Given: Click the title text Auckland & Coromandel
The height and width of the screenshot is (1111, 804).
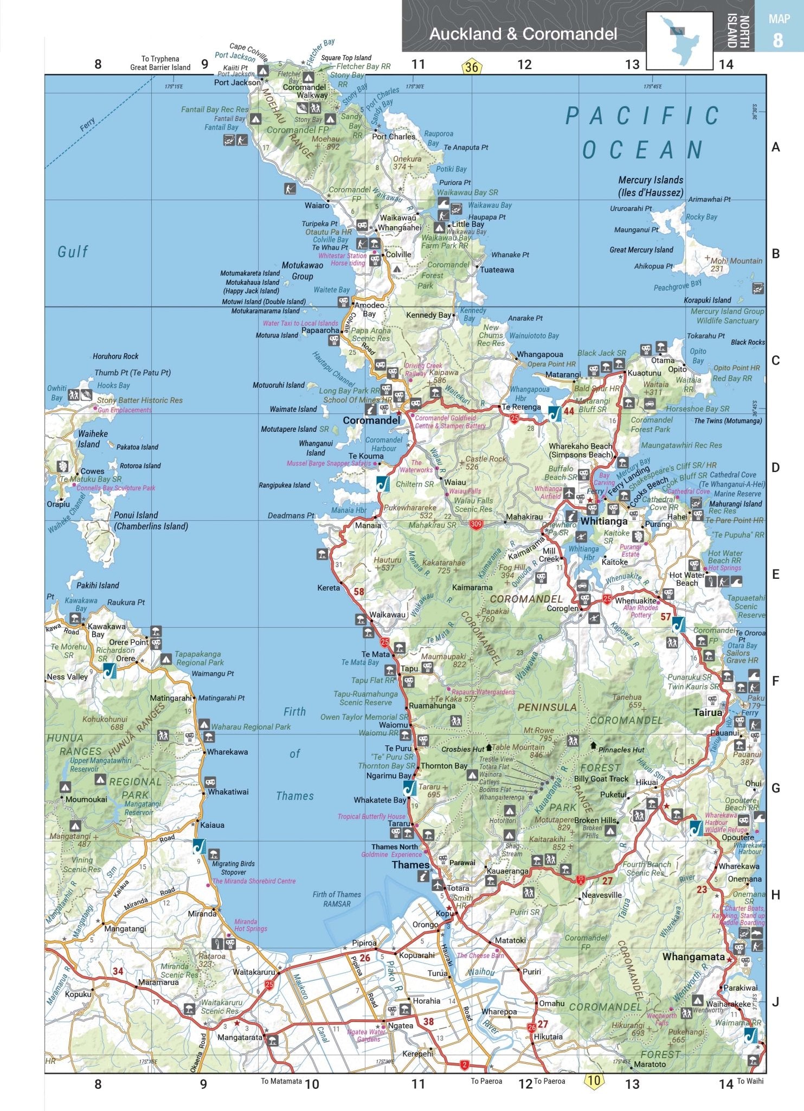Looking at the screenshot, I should tap(523, 34).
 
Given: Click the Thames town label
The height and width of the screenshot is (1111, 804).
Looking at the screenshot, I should tap(410, 865).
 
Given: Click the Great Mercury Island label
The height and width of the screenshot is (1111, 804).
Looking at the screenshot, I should tap(641, 250).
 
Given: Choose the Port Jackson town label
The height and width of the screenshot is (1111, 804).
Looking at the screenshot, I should tap(237, 82).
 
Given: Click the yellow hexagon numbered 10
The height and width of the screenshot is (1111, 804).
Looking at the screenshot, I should tap(594, 1080).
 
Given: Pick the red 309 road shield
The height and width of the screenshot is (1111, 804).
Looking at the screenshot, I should tap(476, 525).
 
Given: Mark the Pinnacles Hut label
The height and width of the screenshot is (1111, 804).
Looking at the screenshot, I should tap(621, 750).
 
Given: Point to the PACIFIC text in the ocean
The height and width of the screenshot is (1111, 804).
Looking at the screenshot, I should tap(642, 116).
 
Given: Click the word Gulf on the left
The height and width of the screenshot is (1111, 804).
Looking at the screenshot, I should tap(73, 252).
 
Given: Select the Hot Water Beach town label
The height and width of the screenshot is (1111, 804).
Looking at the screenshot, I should tap(687, 579).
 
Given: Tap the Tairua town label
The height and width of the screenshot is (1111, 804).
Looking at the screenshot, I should tap(707, 712).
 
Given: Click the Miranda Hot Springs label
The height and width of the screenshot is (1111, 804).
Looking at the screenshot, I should tap(250, 925).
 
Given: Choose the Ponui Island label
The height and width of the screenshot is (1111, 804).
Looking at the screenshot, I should tap(136, 515).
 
